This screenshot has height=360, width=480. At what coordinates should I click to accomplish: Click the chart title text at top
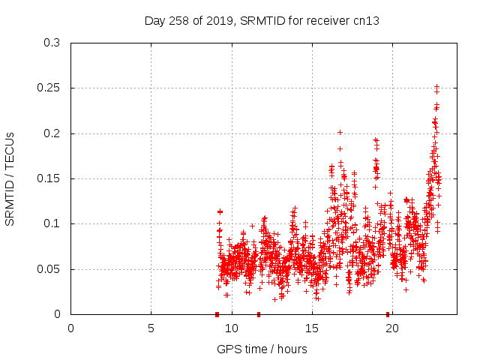pyautogui.click(x=262, y=20)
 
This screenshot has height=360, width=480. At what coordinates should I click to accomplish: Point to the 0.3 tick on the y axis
pyautogui.click(x=53, y=43)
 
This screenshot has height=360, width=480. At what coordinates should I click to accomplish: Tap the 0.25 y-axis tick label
pyautogui.click(x=50, y=88)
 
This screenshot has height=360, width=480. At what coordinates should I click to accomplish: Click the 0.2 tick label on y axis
pyautogui.click(x=53, y=133)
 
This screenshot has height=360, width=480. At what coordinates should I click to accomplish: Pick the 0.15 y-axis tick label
pyautogui.click(x=50, y=178)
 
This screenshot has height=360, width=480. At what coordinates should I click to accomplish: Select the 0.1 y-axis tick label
pyautogui.click(x=53, y=223)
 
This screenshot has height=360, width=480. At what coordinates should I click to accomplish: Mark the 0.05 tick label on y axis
pyautogui.click(x=50, y=268)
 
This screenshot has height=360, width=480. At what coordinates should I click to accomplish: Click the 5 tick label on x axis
pyautogui.click(x=151, y=328)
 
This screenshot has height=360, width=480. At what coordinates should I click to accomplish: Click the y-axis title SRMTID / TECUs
pyautogui.click(x=10, y=178)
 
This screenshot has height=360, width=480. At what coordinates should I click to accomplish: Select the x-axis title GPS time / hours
pyautogui.click(x=262, y=349)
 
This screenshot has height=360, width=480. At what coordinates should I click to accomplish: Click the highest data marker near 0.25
pyautogui.click(x=436, y=86)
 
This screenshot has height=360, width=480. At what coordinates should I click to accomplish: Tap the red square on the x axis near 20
pyautogui.click(x=388, y=313)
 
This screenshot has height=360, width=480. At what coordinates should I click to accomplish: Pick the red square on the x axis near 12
pyautogui.click(x=259, y=313)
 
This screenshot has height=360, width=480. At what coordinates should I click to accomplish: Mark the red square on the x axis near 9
pyautogui.click(x=217, y=313)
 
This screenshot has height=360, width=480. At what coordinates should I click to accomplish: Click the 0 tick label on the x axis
pyautogui.click(x=71, y=328)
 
